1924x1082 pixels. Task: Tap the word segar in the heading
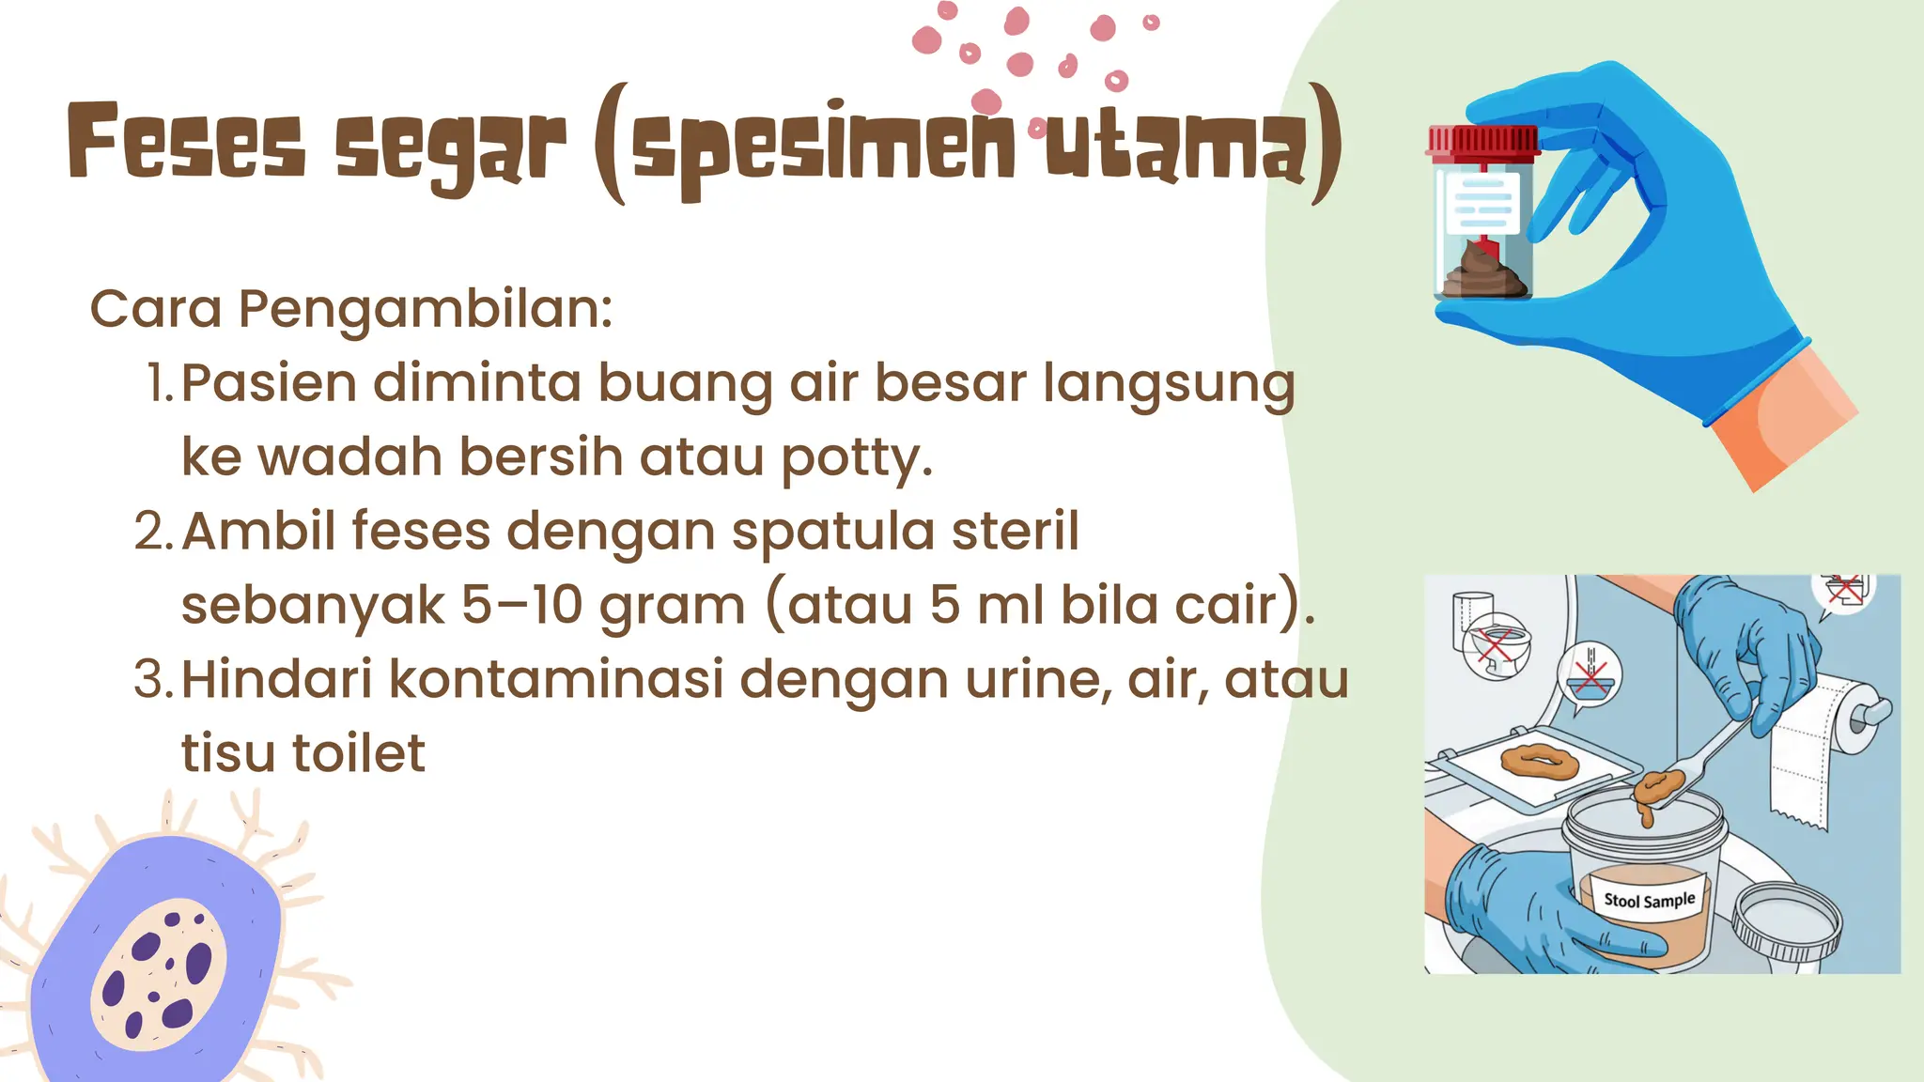[x=451, y=147]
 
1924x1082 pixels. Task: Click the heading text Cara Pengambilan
[x=350, y=309]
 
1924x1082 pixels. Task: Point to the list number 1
[x=160, y=383]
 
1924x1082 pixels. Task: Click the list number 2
[x=153, y=532]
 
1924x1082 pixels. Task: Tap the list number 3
[x=153, y=679]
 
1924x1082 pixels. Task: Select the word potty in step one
[x=856, y=458]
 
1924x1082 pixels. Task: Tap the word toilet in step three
[x=359, y=753]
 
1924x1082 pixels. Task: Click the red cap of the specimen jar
[x=1482, y=141]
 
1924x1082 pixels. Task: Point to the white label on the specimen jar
[x=1482, y=203]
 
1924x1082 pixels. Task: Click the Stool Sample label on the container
[x=1649, y=900]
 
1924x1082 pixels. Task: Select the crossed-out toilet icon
[x=1497, y=648]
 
